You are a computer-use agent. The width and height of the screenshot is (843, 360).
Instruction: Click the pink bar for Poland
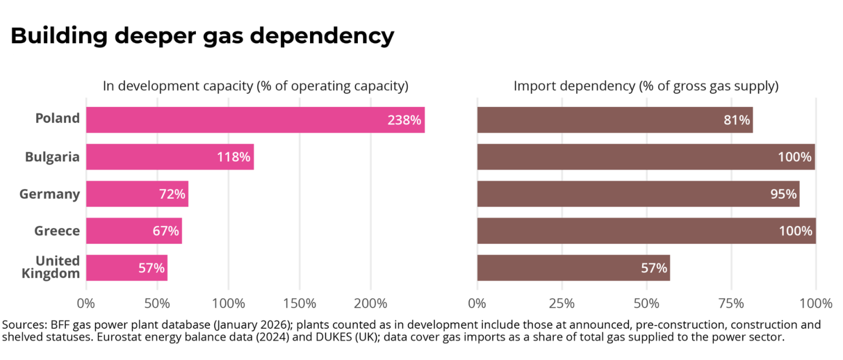pos(256,120)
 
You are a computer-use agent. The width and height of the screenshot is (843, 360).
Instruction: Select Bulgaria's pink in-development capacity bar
pos(170,156)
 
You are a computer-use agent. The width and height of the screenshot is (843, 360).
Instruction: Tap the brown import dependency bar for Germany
pos(638,194)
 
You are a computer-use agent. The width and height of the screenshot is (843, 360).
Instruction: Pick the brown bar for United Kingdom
pos(574,267)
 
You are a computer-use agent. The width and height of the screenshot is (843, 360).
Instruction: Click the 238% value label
pos(404,120)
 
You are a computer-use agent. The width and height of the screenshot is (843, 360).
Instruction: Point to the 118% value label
pos(233,157)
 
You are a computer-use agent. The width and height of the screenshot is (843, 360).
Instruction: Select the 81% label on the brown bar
pos(737,120)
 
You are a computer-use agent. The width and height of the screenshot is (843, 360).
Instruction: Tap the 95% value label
pos(783,194)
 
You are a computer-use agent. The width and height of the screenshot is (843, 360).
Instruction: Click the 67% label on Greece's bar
pos(166,230)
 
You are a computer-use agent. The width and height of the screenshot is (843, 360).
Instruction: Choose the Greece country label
pos(57,230)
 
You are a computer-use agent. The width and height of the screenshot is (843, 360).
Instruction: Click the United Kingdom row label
pos(51,267)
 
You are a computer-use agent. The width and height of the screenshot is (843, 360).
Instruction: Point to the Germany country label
pos(50,194)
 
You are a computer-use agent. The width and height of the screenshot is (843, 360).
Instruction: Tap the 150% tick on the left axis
pos(300,303)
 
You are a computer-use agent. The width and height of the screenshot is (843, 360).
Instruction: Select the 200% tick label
pos(370,303)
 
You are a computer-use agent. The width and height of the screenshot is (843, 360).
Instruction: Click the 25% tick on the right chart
pos(562,303)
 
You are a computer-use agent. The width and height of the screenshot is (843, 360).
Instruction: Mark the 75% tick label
pos(731,303)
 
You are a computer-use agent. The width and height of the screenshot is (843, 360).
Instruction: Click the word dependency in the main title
pos(322,36)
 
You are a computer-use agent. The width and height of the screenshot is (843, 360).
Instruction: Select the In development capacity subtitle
pos(256,86)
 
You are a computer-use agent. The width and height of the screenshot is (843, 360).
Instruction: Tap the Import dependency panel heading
pos(646,86)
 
